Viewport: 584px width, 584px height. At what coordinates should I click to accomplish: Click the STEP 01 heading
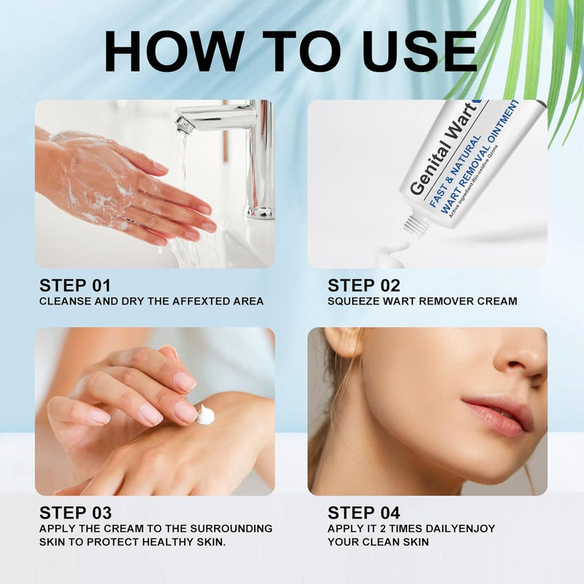point(77,285)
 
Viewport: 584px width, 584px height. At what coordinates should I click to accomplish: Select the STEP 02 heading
point(365,285)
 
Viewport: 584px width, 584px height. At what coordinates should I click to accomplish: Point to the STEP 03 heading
point(77,512)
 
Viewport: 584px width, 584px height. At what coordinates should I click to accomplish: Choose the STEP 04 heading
point(365,512)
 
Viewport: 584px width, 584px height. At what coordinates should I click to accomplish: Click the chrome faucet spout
point(212,116)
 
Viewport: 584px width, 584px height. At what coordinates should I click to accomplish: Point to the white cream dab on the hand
point(206,415)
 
